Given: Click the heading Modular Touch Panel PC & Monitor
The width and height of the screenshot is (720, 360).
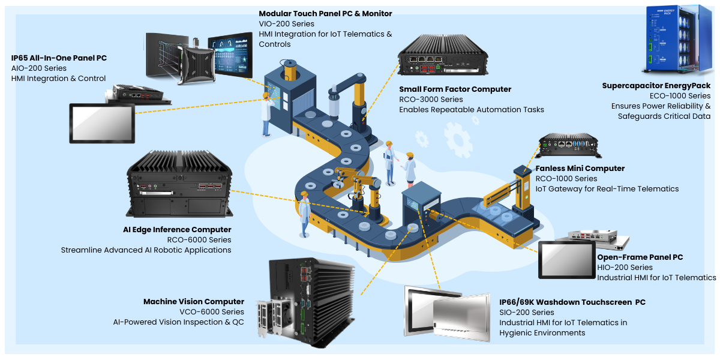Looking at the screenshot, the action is coord(325,13).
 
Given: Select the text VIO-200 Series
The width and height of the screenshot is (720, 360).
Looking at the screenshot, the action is coord(286,24).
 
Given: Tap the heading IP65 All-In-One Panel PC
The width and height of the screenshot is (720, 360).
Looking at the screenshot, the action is coord(59,58).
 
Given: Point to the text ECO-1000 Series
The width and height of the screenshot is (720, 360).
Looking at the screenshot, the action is coord(680,96).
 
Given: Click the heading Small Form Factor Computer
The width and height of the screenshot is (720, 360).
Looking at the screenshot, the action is coord(455,89).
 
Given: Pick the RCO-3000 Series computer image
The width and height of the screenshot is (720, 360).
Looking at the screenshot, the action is coord(443,55).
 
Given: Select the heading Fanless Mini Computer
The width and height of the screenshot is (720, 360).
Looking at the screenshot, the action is coord(580,169).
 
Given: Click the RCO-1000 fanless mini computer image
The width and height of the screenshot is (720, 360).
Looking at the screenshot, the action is coord(569,145).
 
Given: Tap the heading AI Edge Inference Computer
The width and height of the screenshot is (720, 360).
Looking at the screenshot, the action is coord(177,229).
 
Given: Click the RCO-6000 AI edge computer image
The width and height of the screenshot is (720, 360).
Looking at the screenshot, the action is coord(179,184).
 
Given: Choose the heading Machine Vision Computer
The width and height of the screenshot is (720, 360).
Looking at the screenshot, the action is coord(194,301).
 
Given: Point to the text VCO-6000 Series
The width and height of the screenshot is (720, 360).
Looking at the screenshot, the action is coord(212,312).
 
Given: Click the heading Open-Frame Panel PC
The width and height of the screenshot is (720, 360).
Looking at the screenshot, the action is coord(640,257).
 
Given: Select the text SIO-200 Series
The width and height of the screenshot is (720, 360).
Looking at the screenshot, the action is coord(527,313).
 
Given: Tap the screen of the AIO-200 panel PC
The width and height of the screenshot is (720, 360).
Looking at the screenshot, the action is coord(102,123).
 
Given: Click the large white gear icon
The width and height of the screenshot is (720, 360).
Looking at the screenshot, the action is coord(458,140).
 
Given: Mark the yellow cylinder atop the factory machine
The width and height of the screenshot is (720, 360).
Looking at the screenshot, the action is coord(290,70).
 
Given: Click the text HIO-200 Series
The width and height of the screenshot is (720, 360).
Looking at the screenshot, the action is coord(625,268).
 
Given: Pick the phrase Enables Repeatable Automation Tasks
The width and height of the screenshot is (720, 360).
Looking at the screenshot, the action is coord(472,110).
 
